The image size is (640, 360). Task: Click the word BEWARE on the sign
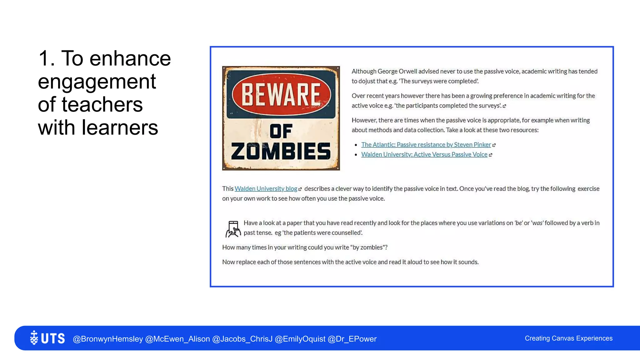coord(281,94)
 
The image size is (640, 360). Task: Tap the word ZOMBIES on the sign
coord(281,152)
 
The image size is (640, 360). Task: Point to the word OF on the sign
coord(281,131)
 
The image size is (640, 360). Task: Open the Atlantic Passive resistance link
coord(426,145)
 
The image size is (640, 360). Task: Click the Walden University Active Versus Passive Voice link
coord(424,154)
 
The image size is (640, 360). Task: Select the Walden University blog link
coord(266,189)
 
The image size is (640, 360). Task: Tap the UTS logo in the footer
coord(47,338)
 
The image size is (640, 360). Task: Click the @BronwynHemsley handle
coord(108,339)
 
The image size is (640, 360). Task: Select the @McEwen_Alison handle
coord(177,339)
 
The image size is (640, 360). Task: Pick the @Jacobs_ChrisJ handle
coord(242,339)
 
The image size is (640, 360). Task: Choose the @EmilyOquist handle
coord(300,339)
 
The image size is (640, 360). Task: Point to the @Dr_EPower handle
coord(352,339)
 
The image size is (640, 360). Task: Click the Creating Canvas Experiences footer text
coord(568,338)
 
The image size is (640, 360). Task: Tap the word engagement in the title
coord(97,82)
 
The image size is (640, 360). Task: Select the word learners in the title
coord(120,127)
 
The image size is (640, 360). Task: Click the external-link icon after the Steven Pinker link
coord(494,145)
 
